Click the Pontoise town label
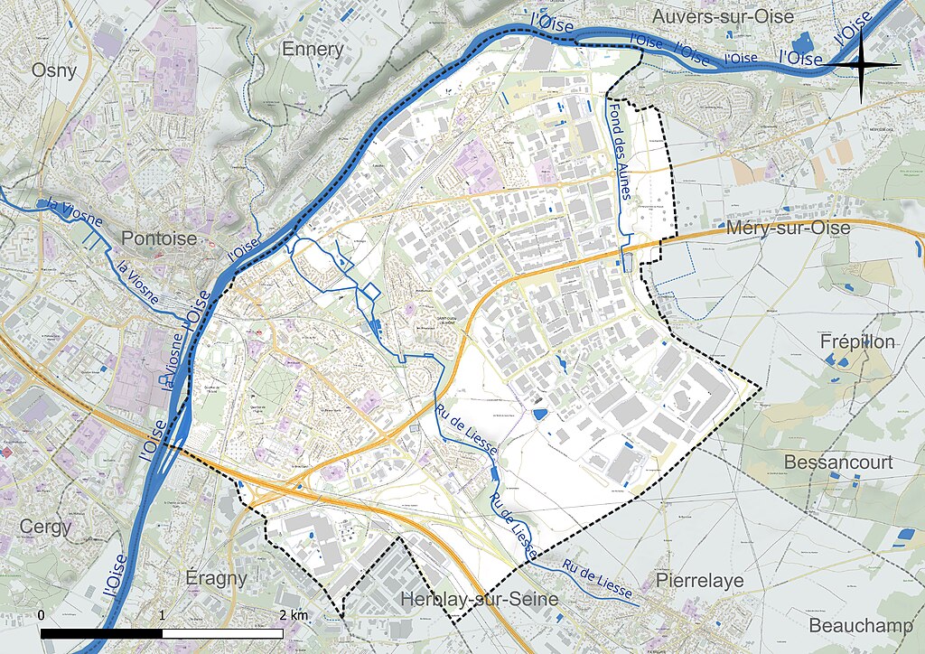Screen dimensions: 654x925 point(159,238)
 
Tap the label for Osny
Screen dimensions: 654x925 point(55,70)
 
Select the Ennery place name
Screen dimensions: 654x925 point(313,49)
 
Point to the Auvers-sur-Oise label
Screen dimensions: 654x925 point(724,16)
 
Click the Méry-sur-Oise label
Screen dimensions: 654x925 point(788,229)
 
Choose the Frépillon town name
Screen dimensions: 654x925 point(857,342)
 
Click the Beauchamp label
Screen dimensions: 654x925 point(854,625)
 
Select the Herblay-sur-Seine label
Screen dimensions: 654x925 point(479,600)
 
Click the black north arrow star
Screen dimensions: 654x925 point(861,65)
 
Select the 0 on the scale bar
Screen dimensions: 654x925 point(42,615)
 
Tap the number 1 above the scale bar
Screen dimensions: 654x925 point(162,615)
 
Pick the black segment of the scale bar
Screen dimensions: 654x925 point(101,634)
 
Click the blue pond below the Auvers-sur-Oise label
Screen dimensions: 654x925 point(800,42)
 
